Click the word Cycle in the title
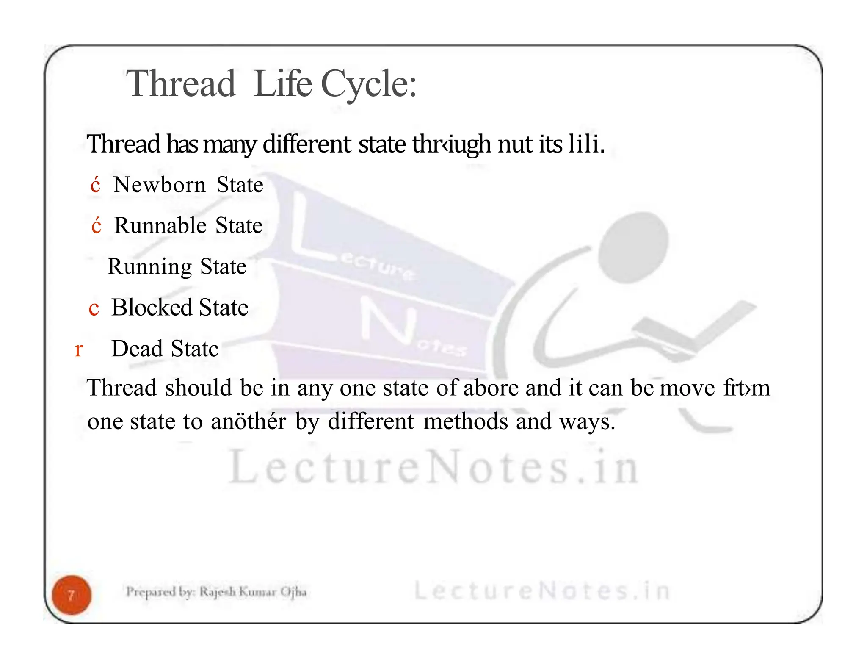368,84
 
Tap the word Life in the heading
282,84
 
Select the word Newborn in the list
160,185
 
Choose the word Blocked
152,308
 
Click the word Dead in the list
137,349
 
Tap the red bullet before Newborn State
95,186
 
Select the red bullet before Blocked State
94,308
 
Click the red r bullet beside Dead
79,350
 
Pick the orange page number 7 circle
72,595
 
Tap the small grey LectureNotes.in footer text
541,591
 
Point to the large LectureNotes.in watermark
433,467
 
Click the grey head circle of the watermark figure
634,248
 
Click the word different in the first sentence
306,144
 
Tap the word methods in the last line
465,421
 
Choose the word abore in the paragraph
491,388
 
